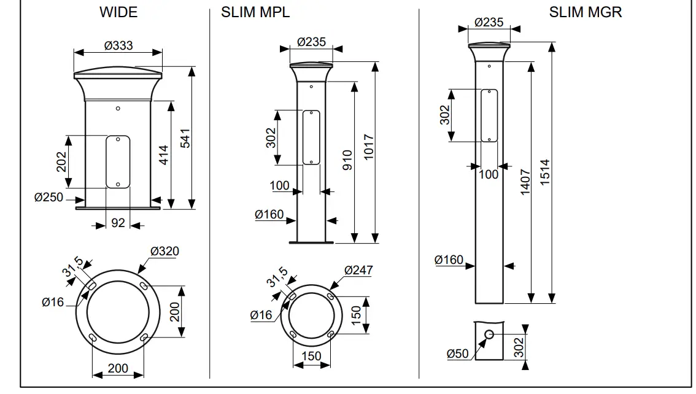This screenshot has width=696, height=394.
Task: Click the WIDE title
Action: tap(118, 12)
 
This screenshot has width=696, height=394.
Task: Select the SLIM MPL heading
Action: tap(255, 12)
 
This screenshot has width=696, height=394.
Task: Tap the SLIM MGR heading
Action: tap(585, 12)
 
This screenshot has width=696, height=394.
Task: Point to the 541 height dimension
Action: tap(183, 138)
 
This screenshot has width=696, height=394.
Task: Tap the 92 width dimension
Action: tap(118, 223)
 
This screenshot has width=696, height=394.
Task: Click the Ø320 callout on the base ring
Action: tap(164, 251)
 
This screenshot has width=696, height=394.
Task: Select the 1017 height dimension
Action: tap(368, 147)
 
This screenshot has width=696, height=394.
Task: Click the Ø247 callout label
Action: tap(358, 270)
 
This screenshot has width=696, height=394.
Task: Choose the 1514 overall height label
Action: tap(545, 173)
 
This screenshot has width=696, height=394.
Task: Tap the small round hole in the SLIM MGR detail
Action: tap(490, 334)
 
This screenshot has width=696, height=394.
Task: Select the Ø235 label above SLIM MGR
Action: tap(489, 23)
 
